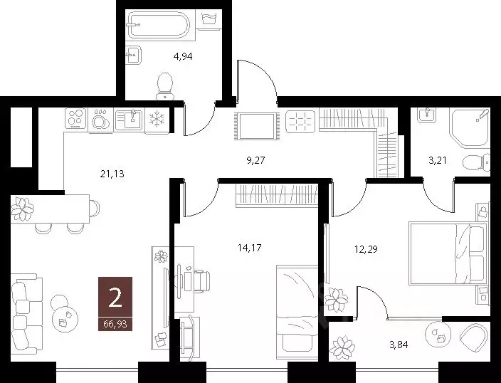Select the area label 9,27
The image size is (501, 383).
256,160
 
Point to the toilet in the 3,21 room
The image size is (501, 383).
473,163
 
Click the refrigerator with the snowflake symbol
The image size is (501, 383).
157,120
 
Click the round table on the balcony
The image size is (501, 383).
436,332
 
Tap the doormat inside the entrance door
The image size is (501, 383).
255,127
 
